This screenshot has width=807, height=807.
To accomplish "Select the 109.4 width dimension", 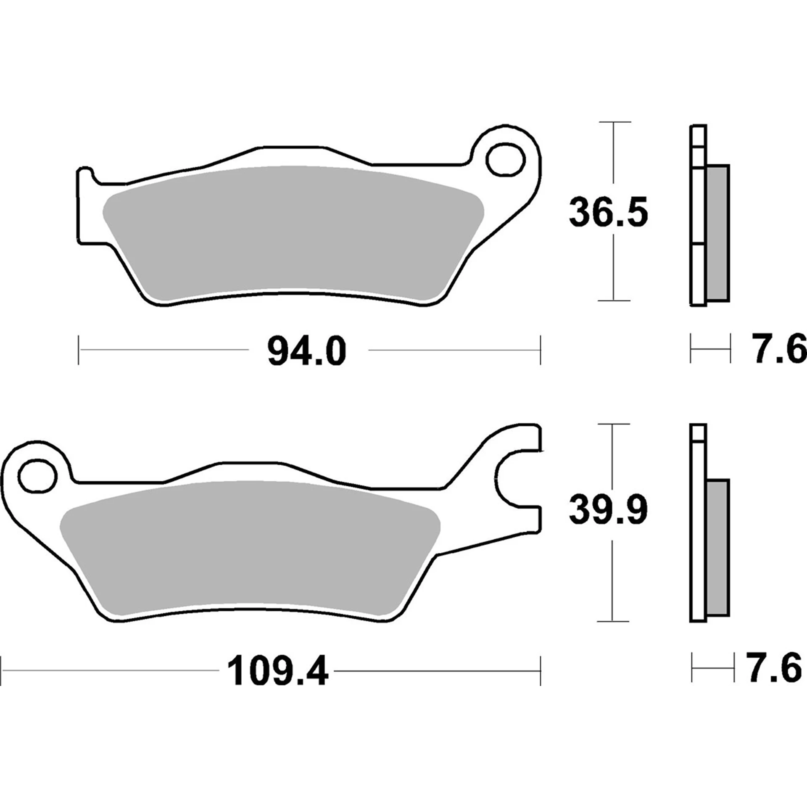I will point(277,673).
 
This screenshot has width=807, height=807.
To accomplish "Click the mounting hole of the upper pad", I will point(506,160).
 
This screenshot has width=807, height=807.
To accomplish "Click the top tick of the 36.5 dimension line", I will point(614,122).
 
